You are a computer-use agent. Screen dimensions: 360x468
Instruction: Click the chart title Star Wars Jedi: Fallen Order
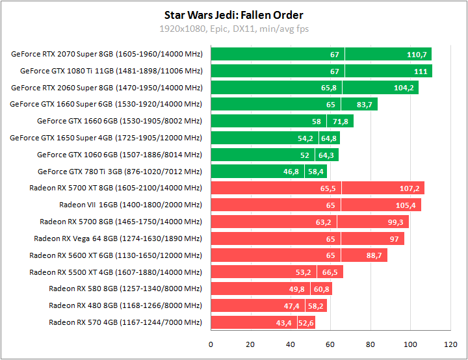click(234, 15)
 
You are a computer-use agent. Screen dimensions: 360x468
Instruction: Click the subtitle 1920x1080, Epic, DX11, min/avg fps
click(234, 29)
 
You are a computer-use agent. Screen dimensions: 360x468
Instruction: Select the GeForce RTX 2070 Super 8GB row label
click(107, 54)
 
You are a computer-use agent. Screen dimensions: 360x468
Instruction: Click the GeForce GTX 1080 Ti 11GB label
click(111, 71)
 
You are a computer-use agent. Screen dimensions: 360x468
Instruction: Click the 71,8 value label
click(341, 121)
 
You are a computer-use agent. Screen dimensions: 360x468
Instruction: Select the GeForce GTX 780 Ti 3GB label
click(120, 172)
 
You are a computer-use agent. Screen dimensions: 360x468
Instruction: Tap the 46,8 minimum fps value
click(291, 172)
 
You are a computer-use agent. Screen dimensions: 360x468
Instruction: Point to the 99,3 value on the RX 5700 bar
click(396, 222)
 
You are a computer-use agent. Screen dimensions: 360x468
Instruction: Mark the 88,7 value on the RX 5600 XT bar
click(374, 255)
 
